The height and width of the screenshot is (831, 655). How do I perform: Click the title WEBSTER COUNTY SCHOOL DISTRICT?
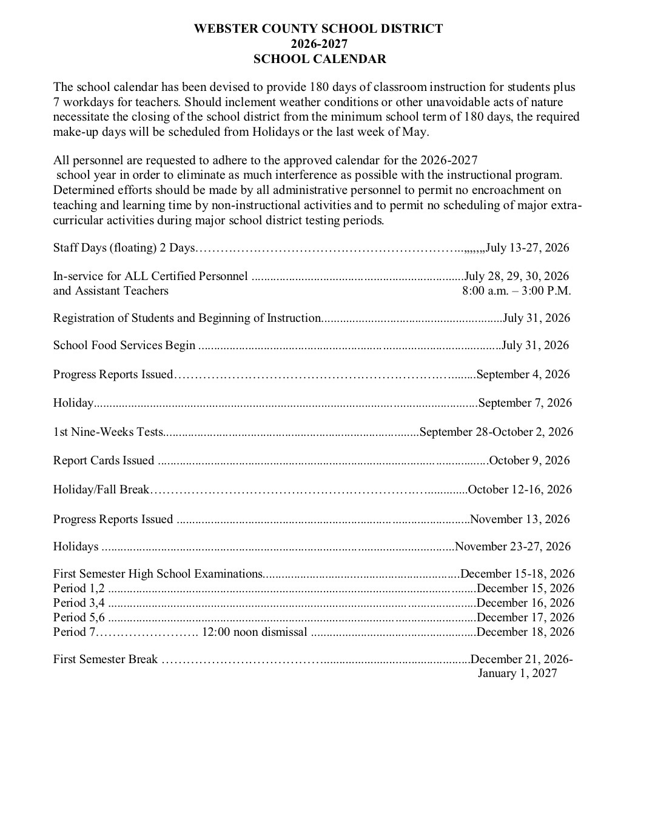pyautogui.click(x=318, y=28)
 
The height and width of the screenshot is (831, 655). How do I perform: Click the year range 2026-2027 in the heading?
pyautogui.click(x=319, y=44)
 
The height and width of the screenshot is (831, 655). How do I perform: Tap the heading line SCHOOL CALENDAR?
pyautogui.click(x=319, y=59)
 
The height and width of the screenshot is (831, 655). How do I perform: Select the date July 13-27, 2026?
pyautogui.click(x=528, y=247)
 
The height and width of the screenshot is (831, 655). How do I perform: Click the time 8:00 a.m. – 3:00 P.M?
pyautogui.click(x=516, y=290)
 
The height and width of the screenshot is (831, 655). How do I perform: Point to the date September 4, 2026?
pyautogui.click(x=523, y=374)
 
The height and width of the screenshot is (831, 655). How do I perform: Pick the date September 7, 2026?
pyautogui.click(x=525, y=402)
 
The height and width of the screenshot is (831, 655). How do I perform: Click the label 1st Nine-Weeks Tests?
pyautogui.click(x=108, y=432)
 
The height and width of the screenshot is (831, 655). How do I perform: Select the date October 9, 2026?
pyautogui.click(x=529, y=460)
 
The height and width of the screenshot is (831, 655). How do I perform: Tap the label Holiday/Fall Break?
pyautogui.click(x=101, y=489)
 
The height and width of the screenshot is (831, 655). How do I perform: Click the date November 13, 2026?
pyautogui.click(x=520, y=519)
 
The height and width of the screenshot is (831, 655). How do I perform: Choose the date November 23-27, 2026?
pyautogui.click(x=513, y=546)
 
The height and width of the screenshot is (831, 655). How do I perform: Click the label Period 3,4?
pyautogui.click(x=79, y=602)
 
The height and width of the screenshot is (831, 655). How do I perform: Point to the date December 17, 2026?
pyautogui.click(x=526, y=617)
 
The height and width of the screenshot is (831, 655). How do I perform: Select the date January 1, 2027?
pyautogui.click(x=517, y=673)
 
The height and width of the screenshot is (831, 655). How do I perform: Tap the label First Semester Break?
pyautogui.click(x=105, y=659)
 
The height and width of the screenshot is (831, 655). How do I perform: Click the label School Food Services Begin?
pyautogui.click(x=124, y=345)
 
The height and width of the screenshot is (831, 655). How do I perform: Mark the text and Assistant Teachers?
pyautogui.click(x=110, y=290)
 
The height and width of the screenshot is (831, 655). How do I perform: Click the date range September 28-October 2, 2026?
pyautogui.click(x=496, y=432)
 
